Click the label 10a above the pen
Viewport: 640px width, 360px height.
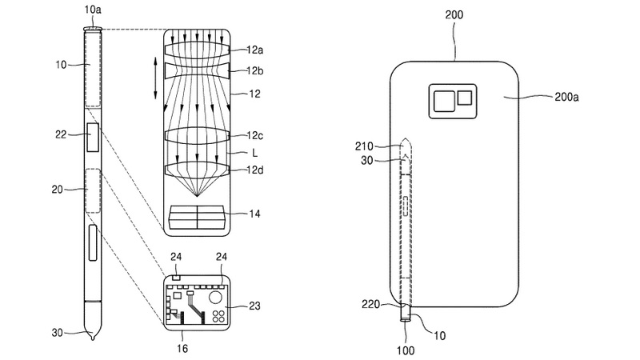pos(93,10)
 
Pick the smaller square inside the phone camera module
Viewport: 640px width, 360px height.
pos(464,98)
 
